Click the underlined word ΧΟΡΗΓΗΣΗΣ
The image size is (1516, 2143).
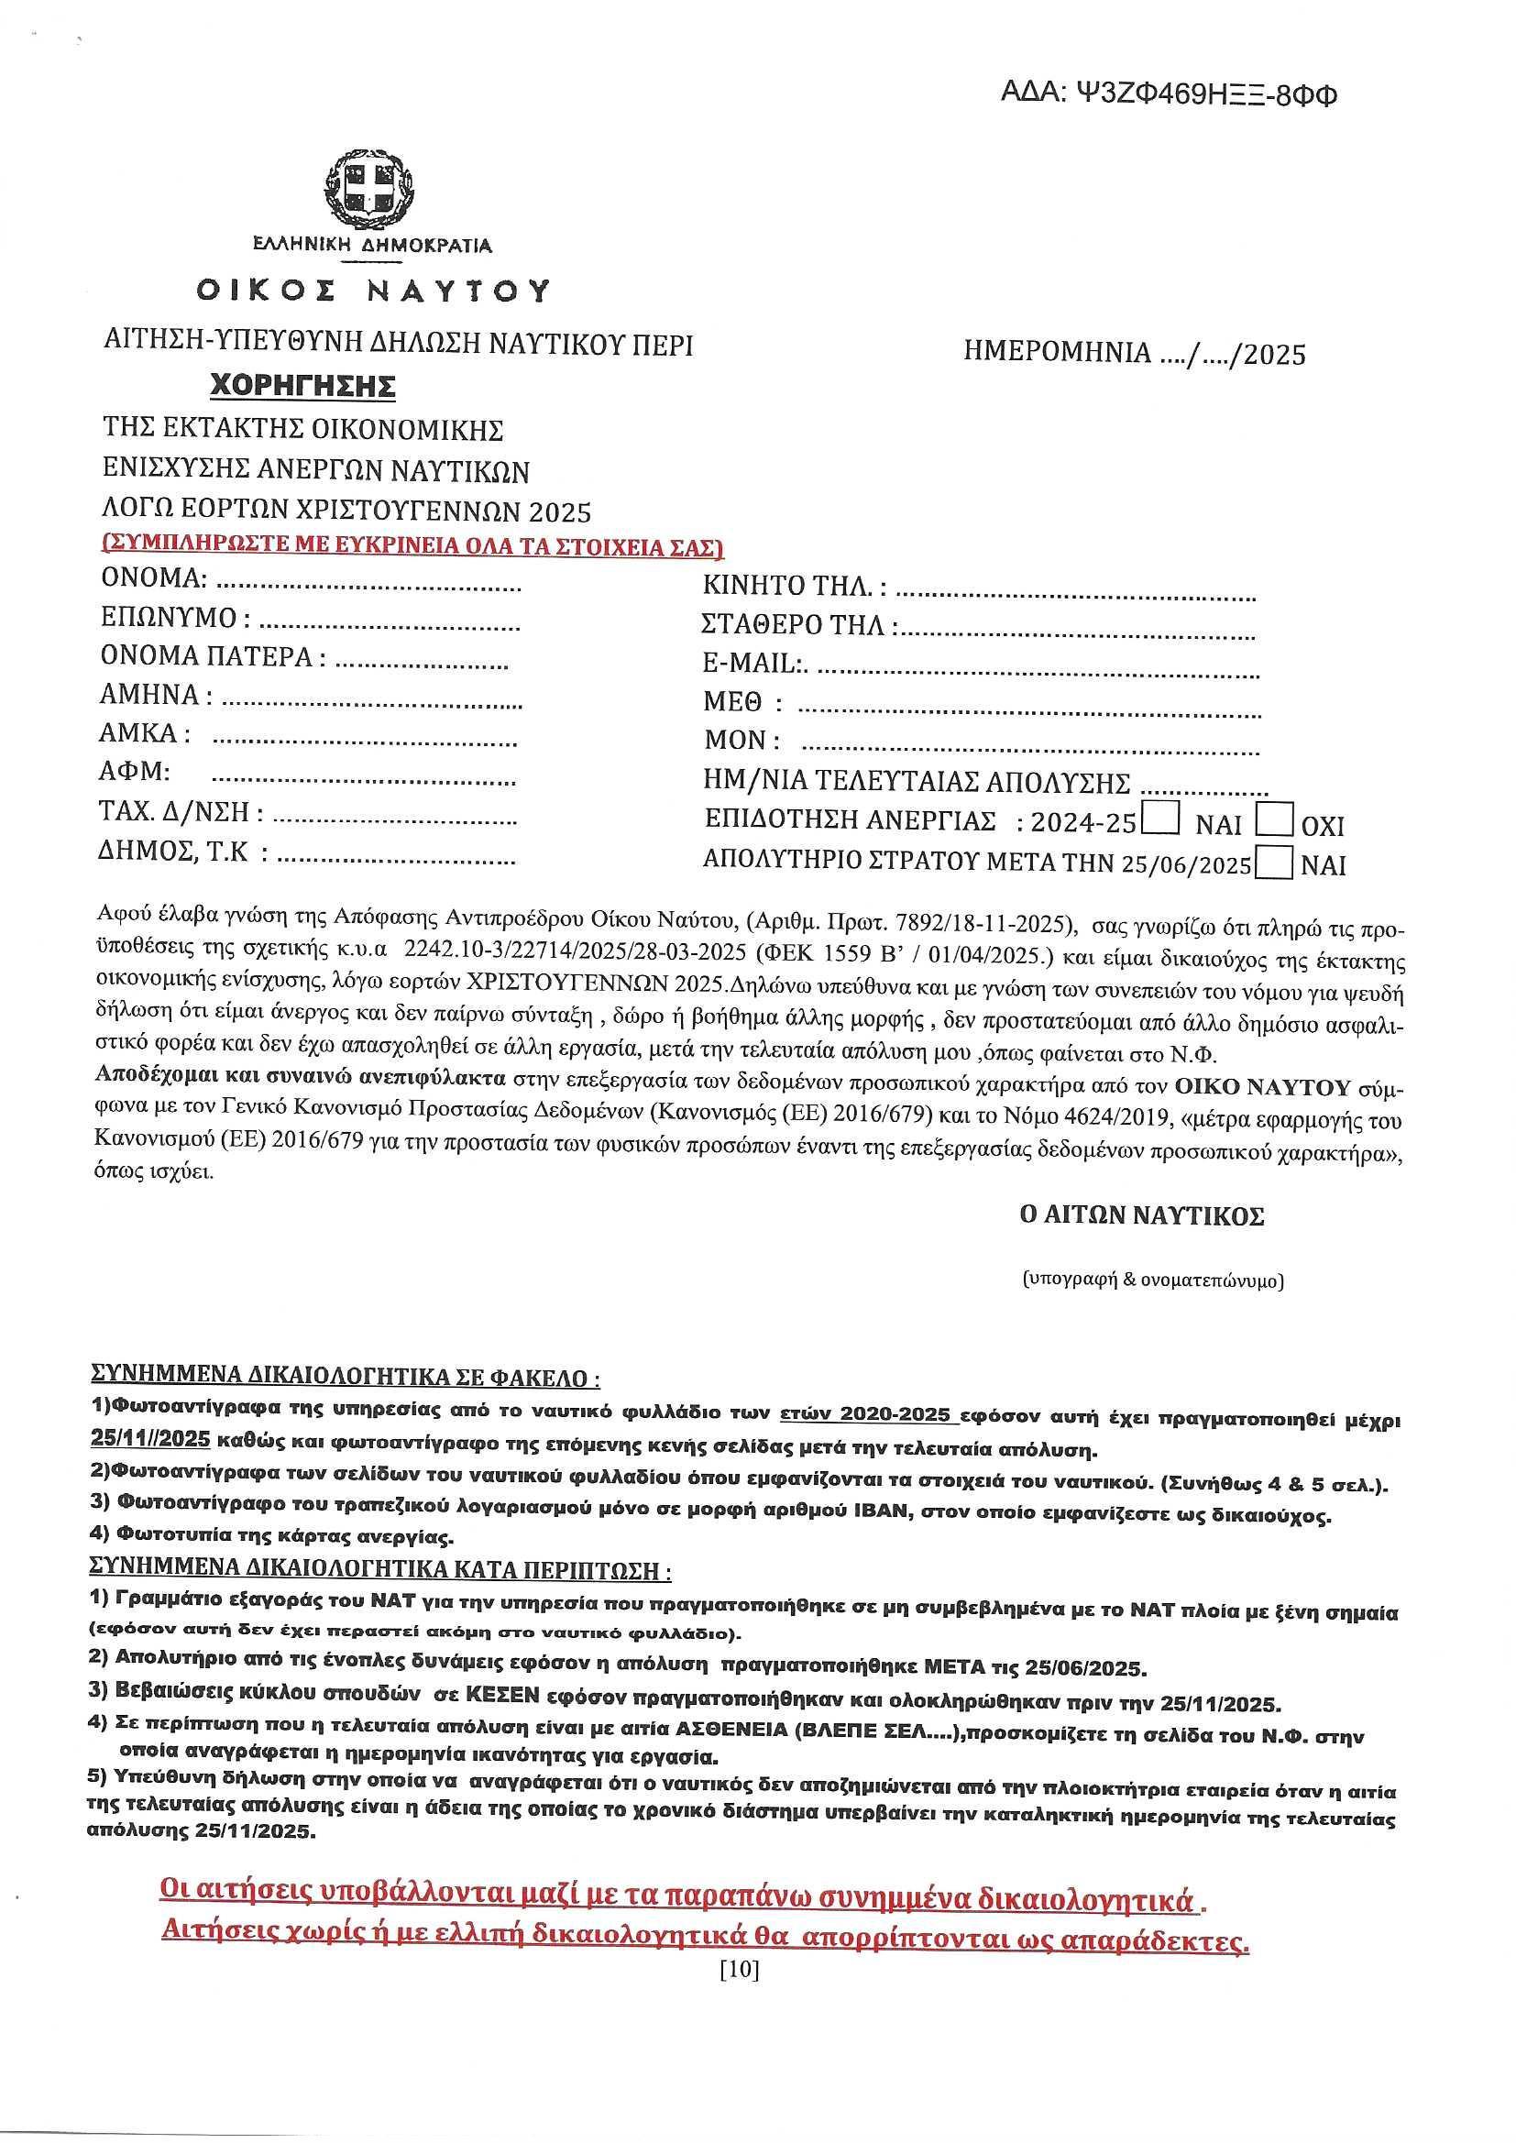pos(302,385)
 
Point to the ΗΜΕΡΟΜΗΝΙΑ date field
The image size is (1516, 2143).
pos(1135,354)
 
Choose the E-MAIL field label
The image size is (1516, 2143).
pos(754,664)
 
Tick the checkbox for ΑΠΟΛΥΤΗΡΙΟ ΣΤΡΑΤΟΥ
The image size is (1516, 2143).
pos(1274,862)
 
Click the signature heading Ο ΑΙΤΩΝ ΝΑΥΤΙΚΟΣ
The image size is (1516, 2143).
pos(1142,1216)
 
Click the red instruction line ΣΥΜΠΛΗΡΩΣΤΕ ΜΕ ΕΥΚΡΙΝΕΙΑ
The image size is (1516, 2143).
pos(412,545)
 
